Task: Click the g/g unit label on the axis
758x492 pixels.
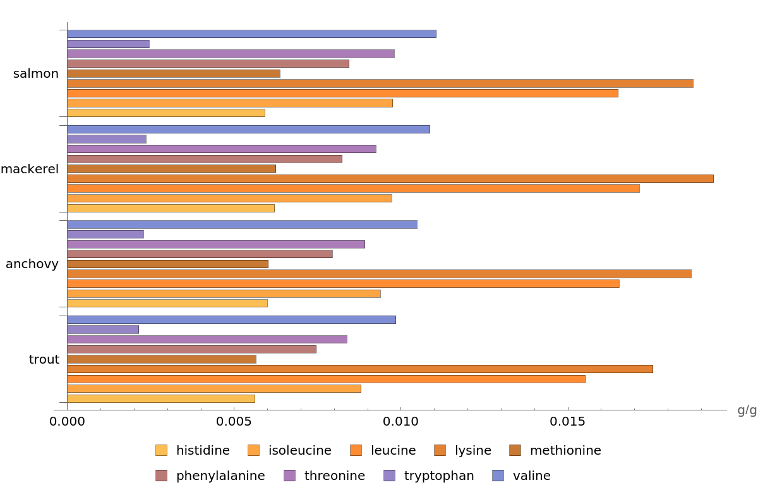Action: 746,410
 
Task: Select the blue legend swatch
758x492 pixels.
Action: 498,476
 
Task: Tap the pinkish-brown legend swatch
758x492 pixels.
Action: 161,476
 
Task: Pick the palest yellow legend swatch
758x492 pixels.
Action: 161,450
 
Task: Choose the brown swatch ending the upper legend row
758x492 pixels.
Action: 515,450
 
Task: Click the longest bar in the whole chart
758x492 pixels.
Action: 390,178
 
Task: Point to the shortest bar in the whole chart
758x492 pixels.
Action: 102,329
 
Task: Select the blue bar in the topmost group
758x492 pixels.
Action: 251,34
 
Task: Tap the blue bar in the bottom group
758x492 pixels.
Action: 231,319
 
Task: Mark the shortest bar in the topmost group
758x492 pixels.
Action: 108,44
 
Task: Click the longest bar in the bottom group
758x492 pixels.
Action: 359,369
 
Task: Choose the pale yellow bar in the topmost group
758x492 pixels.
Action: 165,113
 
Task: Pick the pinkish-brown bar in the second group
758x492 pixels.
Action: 204,159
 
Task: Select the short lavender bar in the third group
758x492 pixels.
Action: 105,234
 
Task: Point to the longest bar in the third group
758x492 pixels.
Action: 378,274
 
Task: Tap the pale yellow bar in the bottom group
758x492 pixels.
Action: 160,398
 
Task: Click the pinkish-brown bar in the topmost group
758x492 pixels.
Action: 208,64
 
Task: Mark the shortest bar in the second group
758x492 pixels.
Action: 106,139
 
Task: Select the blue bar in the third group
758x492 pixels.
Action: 241,224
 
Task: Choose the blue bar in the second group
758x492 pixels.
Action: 248,129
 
